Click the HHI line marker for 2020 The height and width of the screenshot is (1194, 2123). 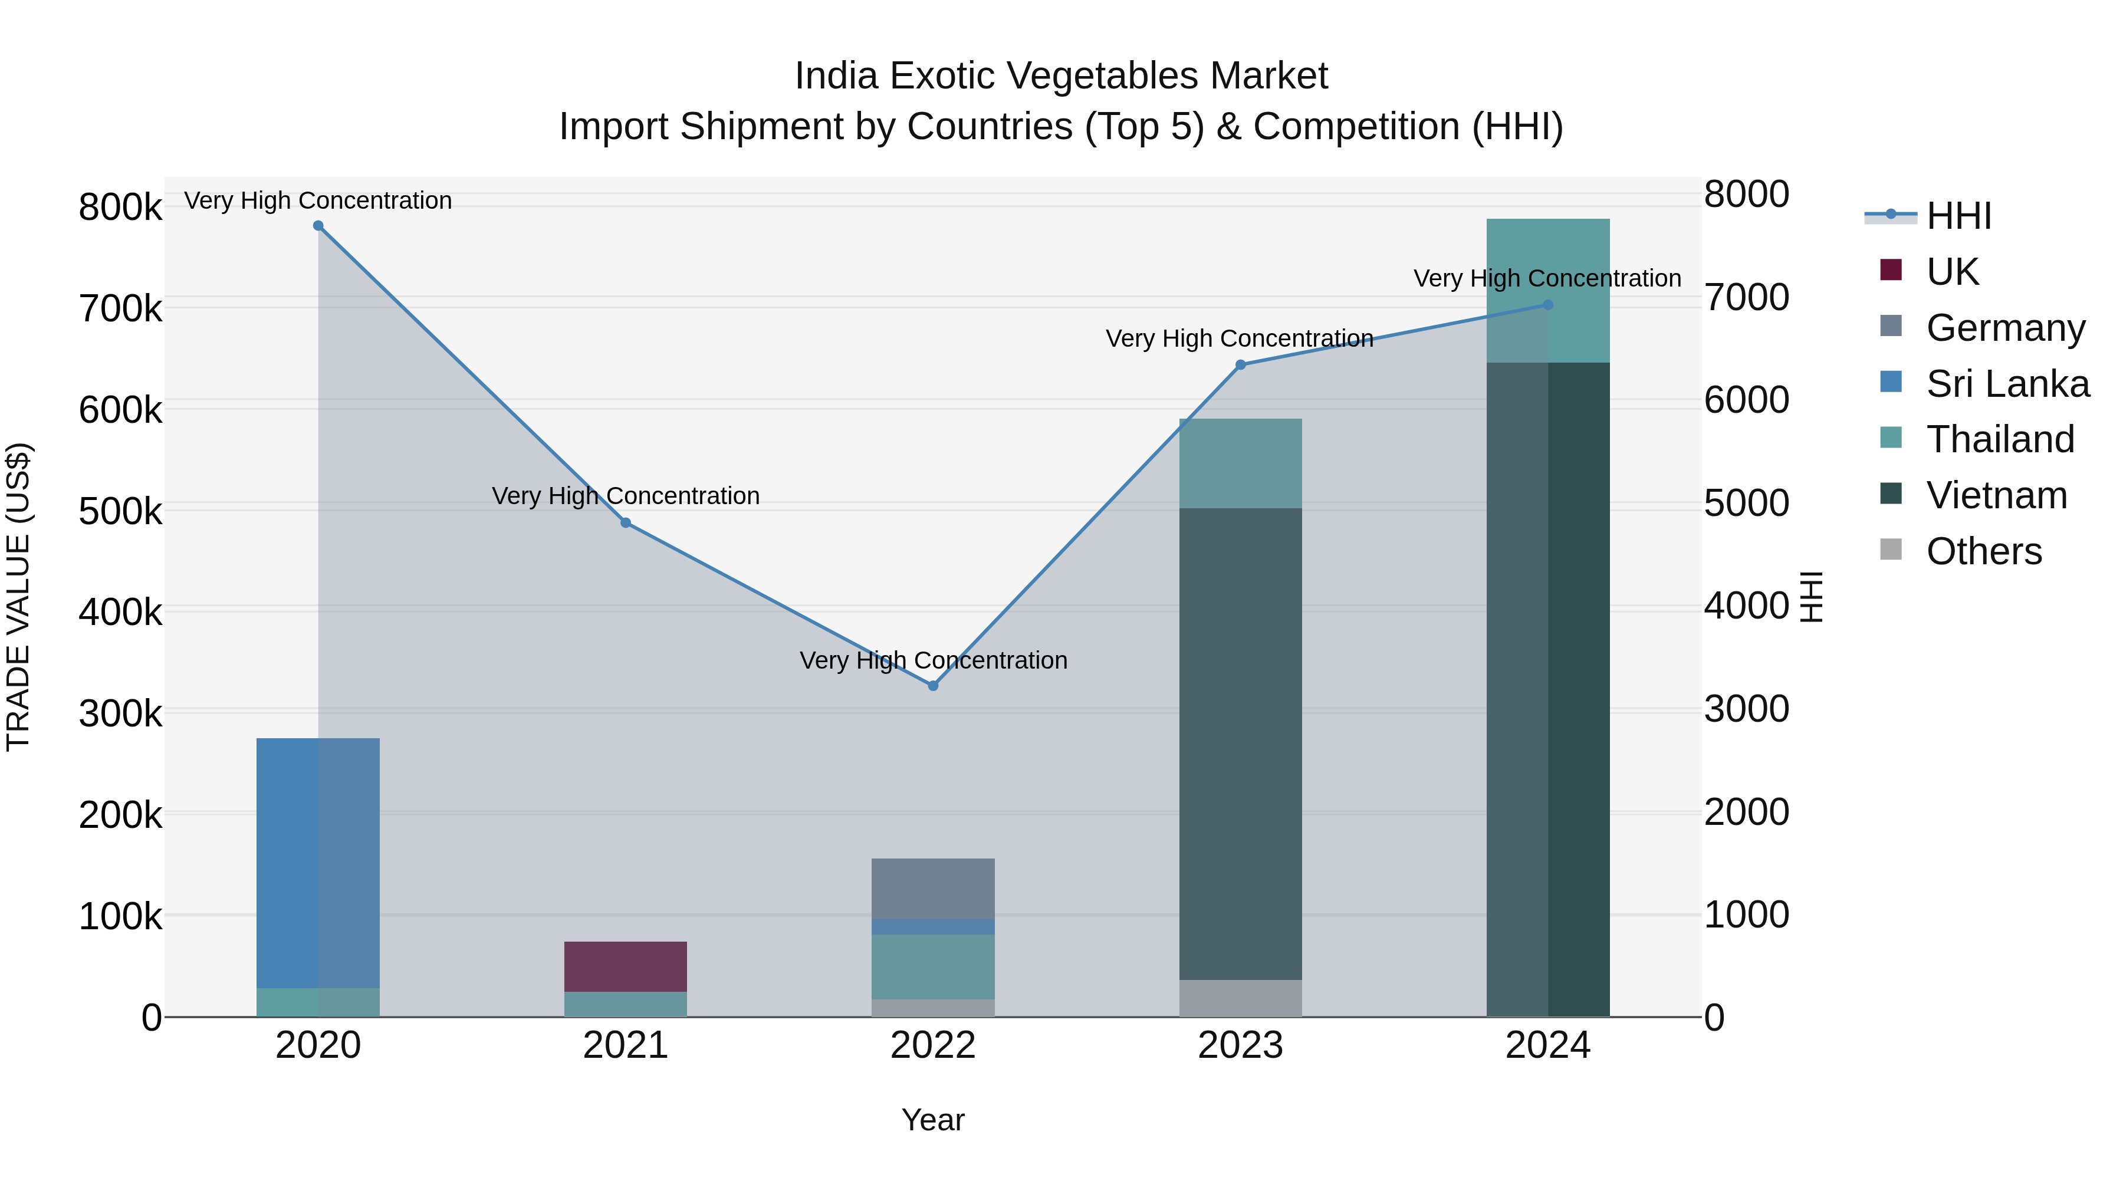318,226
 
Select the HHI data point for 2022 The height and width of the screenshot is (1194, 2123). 933,686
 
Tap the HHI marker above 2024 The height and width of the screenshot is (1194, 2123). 1548,305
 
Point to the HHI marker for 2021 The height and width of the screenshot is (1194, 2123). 626,522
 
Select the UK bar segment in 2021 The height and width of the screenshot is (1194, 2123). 626,966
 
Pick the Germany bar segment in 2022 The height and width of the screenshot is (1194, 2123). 933,889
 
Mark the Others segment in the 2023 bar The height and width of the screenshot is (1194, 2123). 1240,998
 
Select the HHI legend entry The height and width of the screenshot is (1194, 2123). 1958,216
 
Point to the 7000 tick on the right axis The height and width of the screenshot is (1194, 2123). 1746,298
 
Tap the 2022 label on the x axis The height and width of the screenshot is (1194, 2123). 933,1045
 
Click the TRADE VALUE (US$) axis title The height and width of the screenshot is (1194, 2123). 18,597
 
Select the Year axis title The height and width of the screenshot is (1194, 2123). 933,1120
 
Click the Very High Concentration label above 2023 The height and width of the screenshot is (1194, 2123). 1240,338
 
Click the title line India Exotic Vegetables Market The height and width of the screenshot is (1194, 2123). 1061,76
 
